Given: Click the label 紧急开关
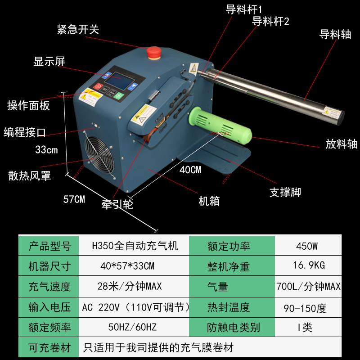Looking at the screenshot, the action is click(78, 30).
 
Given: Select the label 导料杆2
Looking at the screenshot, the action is click(270, 21).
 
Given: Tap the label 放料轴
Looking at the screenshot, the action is click(342, 144).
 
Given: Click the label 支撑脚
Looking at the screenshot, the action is click(285, 192).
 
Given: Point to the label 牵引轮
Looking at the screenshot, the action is click(117, 204).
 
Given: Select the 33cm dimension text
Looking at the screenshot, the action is click(47, 150).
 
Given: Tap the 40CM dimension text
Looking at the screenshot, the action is click(190, 170).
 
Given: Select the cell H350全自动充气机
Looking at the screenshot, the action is click(135, 246).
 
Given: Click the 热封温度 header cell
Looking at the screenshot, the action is click(229, 308).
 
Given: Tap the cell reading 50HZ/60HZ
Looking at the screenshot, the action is click(135, 327).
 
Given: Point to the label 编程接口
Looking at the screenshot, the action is click(25, 131).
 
